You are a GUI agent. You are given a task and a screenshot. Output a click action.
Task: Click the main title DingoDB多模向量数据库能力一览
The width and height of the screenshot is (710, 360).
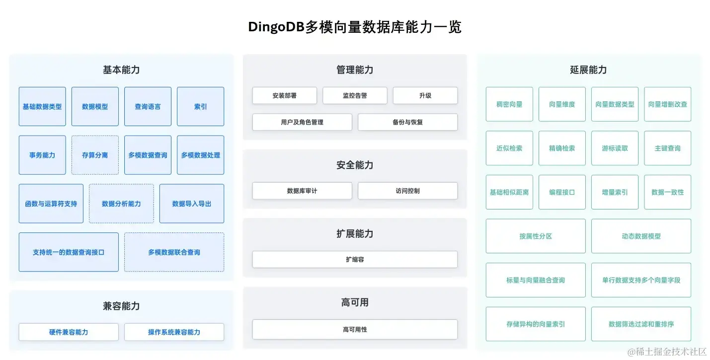click(x=355, y=27)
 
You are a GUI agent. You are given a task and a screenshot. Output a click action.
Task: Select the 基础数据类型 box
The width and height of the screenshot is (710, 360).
click(x=42, y=106)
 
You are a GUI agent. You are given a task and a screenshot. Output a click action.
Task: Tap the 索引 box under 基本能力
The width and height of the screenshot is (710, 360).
click(x=200, y=106)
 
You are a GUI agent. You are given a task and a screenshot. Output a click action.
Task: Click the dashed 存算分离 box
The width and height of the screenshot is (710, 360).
click(x=95, y=155)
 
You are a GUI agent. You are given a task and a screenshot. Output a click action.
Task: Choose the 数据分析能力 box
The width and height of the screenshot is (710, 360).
click(x=121, y=204)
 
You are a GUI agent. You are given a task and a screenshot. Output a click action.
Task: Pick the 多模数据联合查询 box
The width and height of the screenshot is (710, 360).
click(x=174, y=252)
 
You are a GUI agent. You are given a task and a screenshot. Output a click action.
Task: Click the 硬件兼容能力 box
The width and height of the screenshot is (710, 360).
click(x=69, y=332)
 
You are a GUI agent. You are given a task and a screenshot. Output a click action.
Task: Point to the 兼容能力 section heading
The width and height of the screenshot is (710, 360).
click(x=121, y=306)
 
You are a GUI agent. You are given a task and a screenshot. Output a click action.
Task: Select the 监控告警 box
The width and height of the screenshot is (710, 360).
click(x=355, y=95)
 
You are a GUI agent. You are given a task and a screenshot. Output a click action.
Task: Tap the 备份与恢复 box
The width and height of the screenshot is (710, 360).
click(x=407, y=122)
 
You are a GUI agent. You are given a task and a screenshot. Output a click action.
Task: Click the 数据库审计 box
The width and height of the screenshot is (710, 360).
click(x=302, y=191)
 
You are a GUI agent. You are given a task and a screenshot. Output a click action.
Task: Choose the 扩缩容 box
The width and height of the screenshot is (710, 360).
click(x=355, y=259)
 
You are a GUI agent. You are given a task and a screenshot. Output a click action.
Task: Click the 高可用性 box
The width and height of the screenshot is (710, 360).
click(x=355, y=329)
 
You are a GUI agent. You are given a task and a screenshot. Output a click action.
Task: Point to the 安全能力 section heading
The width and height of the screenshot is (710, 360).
click(x=355, y=165)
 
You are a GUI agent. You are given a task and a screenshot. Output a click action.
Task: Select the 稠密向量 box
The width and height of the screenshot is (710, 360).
click(x=509, y=104)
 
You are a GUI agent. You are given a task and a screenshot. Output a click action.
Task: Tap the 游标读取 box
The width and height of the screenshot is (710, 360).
click(x=615, y=148)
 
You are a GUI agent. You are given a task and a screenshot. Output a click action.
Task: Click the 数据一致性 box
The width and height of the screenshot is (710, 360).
click(x=667, y=192)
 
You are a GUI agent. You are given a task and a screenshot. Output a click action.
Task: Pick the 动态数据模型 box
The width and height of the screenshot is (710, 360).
click(x=641, y=236)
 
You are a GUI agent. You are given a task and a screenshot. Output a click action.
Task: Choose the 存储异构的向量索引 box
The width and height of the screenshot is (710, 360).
click(x=536, y=324)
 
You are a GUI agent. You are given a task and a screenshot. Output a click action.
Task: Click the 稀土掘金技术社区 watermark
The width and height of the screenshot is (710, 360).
click(x=667, y=352)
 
